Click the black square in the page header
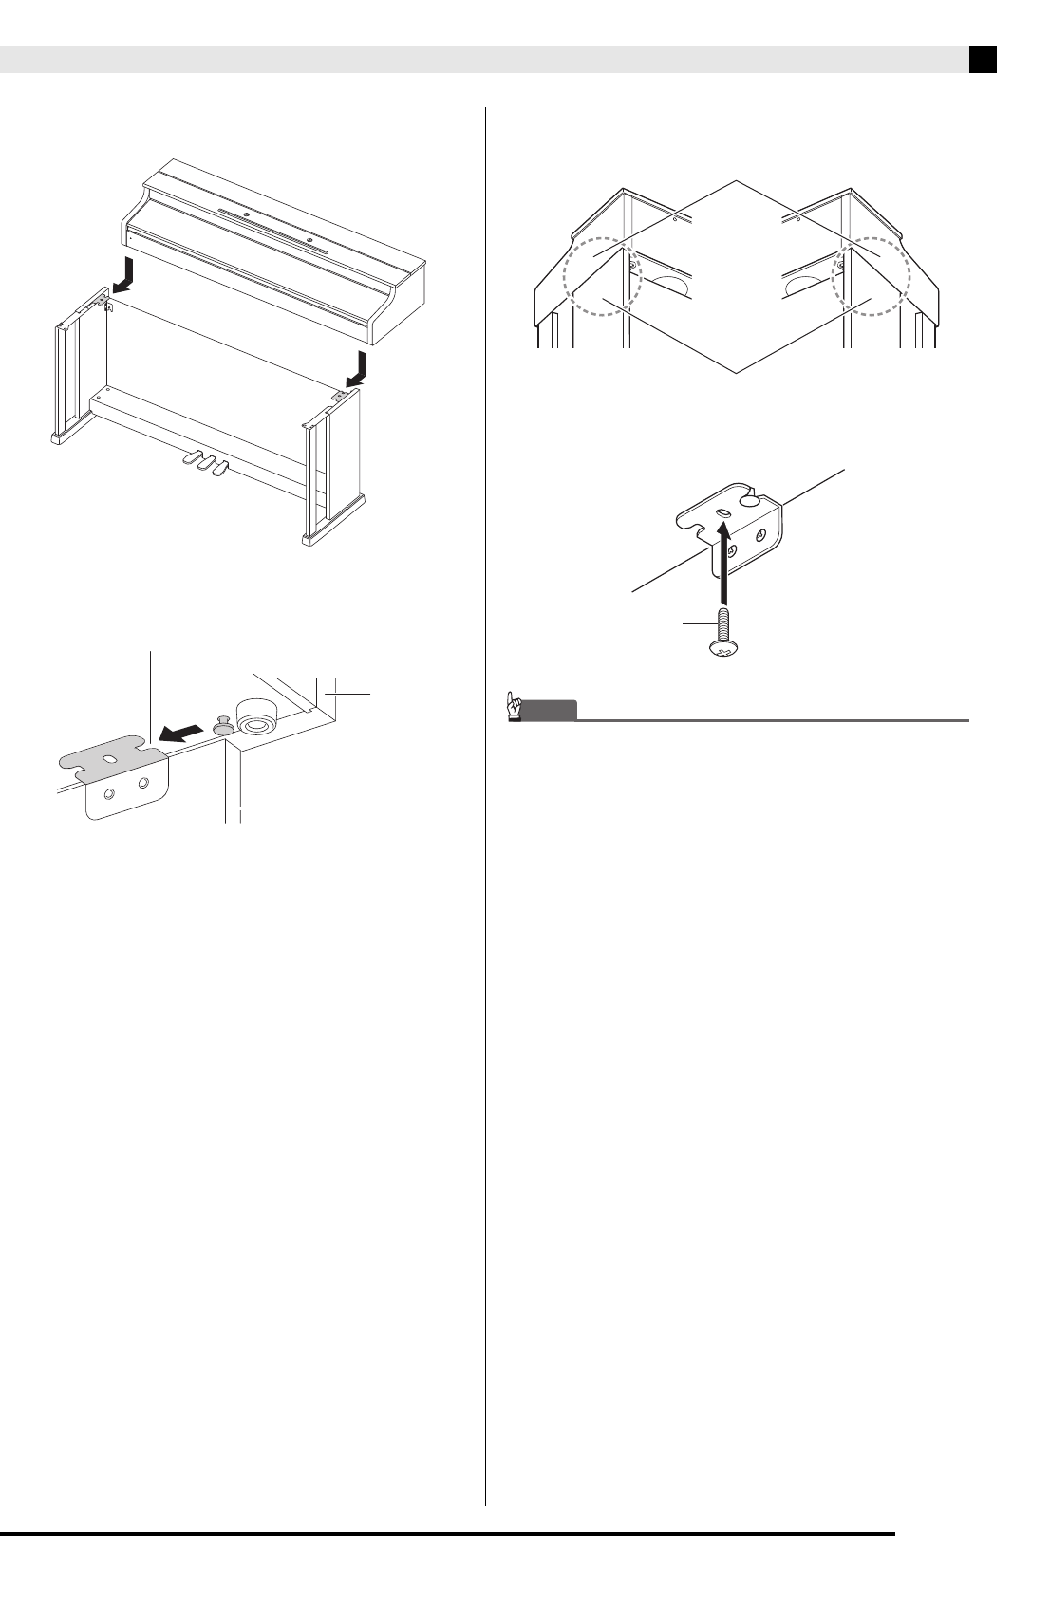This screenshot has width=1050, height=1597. coord(983,60)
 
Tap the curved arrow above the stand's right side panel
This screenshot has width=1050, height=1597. coord(357,367)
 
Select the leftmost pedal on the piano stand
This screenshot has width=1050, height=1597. coord(185,458)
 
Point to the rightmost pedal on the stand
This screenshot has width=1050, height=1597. coord(219,468)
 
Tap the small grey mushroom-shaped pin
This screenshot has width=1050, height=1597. coord(224,725)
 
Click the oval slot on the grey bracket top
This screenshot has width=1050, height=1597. coord(112,761)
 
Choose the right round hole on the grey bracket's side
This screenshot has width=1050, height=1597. coord(143,784)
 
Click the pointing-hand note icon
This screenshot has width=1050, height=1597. coord(515,708)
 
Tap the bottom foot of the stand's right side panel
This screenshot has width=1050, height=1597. coord(332,535)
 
